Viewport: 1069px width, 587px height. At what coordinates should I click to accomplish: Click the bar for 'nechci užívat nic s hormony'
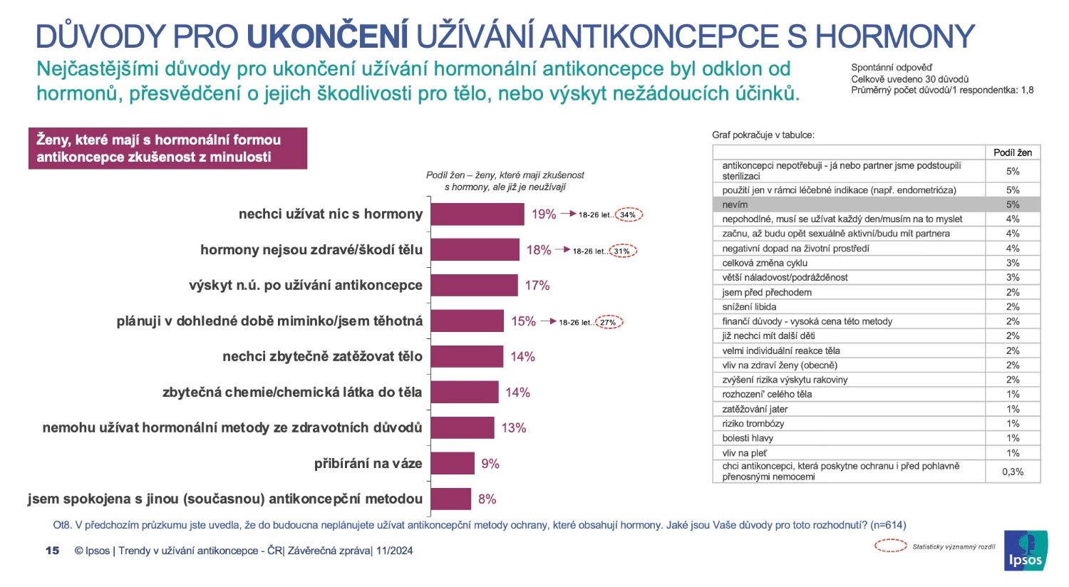(477, 214)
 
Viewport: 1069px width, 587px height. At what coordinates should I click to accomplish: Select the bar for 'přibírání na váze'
(453, 464)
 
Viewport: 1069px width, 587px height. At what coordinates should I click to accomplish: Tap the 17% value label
(537, 286)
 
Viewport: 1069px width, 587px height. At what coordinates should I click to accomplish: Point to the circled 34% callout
(628, 214)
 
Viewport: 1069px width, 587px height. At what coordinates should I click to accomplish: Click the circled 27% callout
(608, 322)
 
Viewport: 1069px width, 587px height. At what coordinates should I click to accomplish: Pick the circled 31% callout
(622, 251)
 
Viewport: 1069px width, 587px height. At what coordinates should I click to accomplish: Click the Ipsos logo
(1026, 551)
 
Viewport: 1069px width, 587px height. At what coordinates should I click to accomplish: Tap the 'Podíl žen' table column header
(1013, 152)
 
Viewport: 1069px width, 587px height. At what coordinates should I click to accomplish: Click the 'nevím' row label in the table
(735, 204)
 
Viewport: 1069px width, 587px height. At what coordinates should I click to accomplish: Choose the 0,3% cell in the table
(1013, 472)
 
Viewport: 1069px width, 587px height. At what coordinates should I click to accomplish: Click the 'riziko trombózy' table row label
(753, 424)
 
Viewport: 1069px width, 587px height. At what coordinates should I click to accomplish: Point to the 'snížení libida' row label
(749, 307)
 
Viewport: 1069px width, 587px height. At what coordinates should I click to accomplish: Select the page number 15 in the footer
(52, 551)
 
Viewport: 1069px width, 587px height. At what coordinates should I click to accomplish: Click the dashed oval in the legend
(890, 546)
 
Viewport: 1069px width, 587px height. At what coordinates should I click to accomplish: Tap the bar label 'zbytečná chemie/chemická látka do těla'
(292, 393)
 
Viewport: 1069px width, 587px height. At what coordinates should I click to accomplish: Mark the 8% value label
(487, 499)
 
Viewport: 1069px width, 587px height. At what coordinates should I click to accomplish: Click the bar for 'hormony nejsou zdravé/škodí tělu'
(475, 250)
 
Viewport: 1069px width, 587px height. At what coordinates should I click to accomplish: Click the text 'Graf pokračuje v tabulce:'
(763, 135)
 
